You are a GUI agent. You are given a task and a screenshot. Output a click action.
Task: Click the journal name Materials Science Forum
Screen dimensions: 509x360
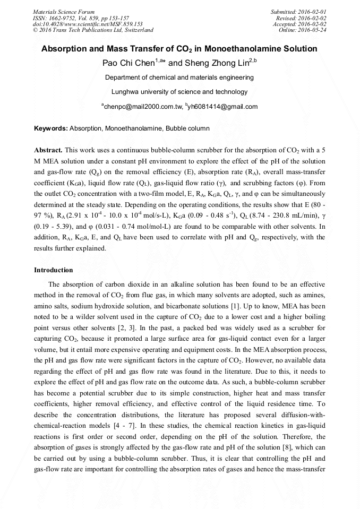64,12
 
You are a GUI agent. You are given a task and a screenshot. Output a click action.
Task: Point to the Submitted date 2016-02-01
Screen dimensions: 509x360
299,12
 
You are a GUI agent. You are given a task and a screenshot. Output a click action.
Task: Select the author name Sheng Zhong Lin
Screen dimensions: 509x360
209,63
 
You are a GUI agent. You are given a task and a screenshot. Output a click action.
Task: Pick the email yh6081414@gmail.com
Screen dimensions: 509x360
223,107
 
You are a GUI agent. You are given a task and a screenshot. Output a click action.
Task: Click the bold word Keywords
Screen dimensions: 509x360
51,128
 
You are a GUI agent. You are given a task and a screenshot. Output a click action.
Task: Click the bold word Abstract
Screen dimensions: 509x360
48,150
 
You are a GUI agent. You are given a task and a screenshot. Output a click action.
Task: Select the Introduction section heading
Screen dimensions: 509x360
54,270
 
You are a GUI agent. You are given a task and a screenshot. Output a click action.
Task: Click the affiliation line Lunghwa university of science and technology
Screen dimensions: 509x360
179,92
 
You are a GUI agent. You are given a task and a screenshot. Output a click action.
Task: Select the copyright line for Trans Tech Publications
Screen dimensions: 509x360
93,30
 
